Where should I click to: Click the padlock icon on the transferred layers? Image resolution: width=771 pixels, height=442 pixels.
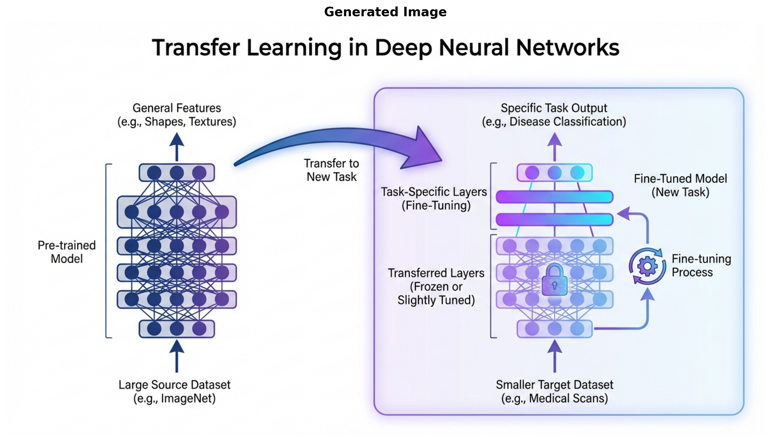tap(555, 280)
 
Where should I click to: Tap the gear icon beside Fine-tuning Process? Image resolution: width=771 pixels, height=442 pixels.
tap(647, 266)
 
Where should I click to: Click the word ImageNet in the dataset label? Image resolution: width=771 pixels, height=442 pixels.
tap(188, 398)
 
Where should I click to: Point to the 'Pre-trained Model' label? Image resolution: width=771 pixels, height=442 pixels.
tap(67, 252)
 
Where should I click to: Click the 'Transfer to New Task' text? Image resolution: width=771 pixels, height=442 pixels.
tap(332, 170)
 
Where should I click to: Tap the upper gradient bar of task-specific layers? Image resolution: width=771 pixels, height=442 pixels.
tap(555, 197)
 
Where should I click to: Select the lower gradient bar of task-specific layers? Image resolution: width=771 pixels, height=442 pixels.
tap(555, 220)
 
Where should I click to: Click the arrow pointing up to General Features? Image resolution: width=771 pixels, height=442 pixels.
tap(177, 146)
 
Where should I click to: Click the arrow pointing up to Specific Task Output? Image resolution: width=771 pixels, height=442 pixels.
tap(555, 146)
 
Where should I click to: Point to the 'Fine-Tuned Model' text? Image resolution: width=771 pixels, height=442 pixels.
tap(680, 179)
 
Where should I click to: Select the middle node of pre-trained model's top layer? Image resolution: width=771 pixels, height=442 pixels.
tap(177, 173)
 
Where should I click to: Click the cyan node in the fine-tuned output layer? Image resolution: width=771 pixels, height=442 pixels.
tap(577, 173)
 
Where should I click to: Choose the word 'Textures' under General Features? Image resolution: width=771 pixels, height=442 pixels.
tap(212, 122)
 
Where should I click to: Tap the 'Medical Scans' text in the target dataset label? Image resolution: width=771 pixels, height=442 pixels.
tap(568, 398)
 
